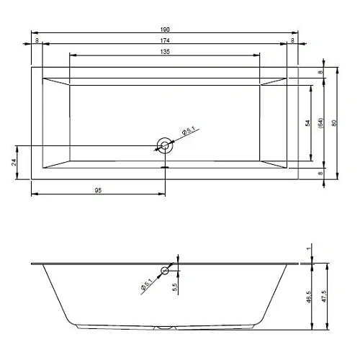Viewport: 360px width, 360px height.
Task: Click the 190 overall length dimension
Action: coord(165,30)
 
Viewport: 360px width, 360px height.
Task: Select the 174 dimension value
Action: coord(165,40)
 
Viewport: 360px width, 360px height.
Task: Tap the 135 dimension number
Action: coord(165,52)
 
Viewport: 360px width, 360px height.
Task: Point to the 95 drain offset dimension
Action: coord(98,191)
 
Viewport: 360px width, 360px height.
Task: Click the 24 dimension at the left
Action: coord(14,163)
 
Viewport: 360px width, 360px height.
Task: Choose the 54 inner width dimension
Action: coord(307,123)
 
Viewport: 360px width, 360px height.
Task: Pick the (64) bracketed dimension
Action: coord(320,122)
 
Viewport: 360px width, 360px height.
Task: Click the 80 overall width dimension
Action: coord(334,123)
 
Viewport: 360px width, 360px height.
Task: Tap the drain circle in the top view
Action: coord(165,145)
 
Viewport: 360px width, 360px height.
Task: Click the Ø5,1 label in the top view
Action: coord(189,131)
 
